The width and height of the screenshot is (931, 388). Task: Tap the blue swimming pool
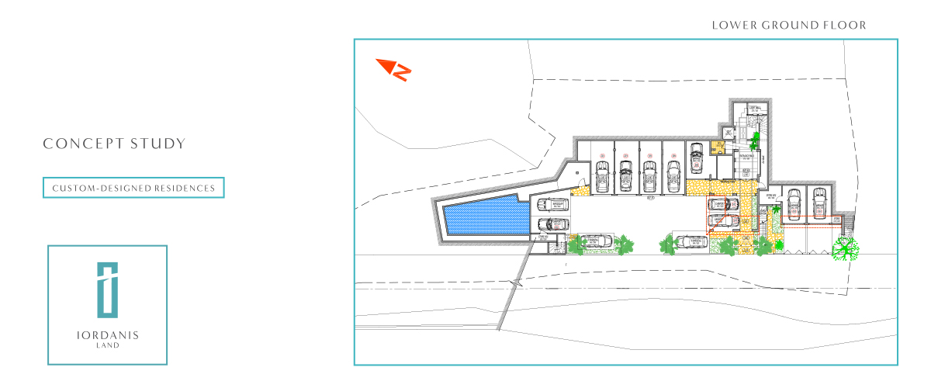coord(481,216)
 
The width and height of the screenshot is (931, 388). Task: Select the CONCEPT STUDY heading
coord(114,144)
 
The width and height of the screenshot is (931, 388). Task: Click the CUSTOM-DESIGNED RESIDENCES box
coord(133,188)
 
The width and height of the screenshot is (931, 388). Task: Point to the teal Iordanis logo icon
coord(107,289)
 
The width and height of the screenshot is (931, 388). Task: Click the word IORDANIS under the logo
coord(107,335)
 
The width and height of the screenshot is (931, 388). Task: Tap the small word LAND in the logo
coord(107,345)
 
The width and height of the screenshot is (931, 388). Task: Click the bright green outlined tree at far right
coord(846,248)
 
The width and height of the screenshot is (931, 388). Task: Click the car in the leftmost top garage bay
coord(601,172)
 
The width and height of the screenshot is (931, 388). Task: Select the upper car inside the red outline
coord(722,206)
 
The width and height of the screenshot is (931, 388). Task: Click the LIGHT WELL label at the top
coord(753,109)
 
